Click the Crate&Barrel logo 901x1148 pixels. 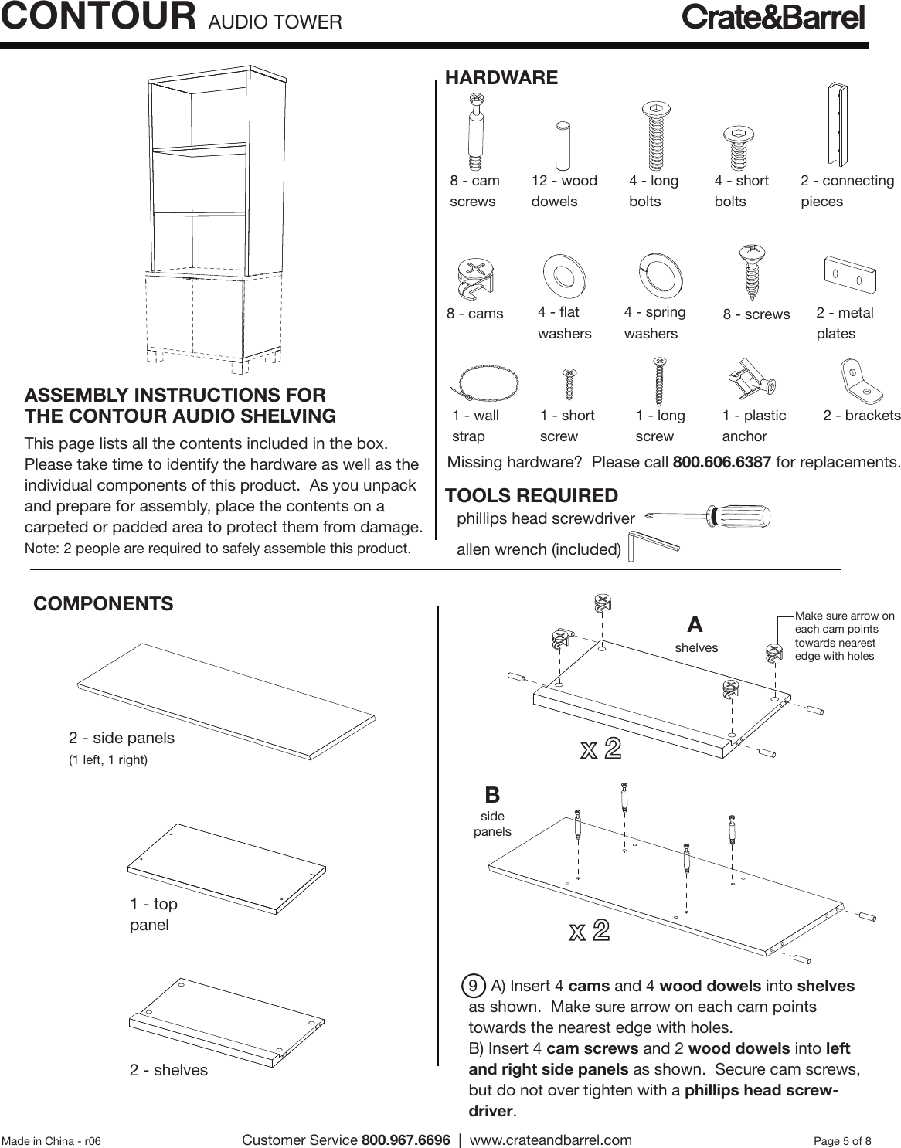coord(773,18)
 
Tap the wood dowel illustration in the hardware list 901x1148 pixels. coord(563,145)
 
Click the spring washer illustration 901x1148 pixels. coord(660,275)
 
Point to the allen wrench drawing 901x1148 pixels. coord(653,545)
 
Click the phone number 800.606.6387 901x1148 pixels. coord(722,463)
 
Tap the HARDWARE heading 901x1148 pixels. coord(501,78)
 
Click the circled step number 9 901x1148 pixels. coord(472,987)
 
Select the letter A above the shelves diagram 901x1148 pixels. coord(695,624)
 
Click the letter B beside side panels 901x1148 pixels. coord(492,795)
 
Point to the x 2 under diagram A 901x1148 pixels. coord(600,749)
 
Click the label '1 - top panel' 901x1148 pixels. coord(154,914)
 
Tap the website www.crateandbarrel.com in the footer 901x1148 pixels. coord(550,1140)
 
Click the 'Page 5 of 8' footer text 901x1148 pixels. coord(842,1141)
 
